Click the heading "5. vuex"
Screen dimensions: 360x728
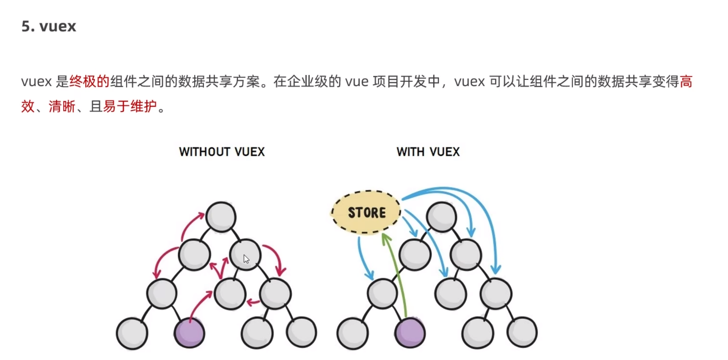(x=49, y=26)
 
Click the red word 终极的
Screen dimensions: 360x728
(x=89, y=82)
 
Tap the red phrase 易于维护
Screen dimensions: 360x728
(x=130, y=107)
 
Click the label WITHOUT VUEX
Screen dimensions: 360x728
(x=222, y=152)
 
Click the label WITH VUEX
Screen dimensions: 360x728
(x=428, y=152)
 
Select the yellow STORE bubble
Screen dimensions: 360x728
(x=366, y=212)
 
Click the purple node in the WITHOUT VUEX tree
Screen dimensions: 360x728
(x=189, y=333)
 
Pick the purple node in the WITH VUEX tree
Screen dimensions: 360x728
(x=410, y=333)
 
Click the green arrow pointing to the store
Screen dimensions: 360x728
(x=397, y=276)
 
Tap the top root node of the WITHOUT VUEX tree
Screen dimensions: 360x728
(x=221, y=217)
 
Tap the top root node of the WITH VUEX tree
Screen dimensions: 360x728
(x=441, y=217)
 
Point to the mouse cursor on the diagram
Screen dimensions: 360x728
(x=246, y=259)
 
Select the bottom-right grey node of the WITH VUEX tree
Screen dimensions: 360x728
(x=522, y=332)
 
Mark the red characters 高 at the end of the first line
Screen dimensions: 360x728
(x=686, y=82)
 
